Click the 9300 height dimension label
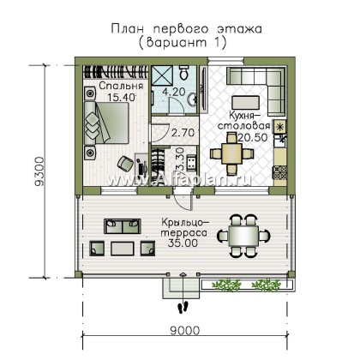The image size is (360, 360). coord(39,171)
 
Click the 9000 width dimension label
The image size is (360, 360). coord(185,331)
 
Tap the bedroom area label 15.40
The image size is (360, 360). coord(121,97)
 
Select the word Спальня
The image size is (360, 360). coord(121,86)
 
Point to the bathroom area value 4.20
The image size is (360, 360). coord(174,92)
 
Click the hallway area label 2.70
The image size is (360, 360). coord(183,133)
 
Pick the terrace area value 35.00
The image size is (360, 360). coord(183,243)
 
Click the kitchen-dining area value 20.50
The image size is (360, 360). coord(253,137)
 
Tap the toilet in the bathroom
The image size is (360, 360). coord(184,72)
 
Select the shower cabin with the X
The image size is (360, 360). coord(162,75)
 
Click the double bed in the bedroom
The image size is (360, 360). coord(106,123)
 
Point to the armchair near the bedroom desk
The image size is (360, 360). coord(125,163)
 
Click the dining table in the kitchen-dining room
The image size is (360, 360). coord(231,153)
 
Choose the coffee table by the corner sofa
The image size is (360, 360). coord(246,102)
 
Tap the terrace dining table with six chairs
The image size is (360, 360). coord(244,236)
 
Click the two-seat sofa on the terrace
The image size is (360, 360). coord(123,226)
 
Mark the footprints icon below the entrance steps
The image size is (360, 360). coord(183,307)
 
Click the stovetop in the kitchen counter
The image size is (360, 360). coord(280,172)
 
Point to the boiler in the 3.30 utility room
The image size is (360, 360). coord(190,162)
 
